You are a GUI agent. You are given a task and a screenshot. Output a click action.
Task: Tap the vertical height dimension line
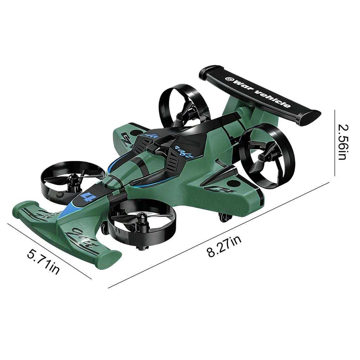[335, 142]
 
